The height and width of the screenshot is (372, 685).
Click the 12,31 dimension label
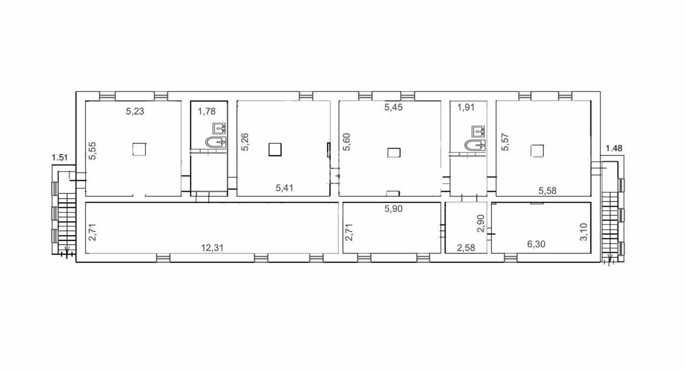coord(212,248)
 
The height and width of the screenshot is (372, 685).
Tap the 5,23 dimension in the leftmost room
coord(135,111)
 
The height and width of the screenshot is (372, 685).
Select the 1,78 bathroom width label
coord(207,111)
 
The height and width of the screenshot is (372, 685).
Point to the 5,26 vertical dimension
coord(245,142)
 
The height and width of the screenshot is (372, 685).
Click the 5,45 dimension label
coord(393,108)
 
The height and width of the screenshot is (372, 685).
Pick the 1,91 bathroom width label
coord(466,108)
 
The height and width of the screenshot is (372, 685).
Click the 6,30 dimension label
coord(536,244)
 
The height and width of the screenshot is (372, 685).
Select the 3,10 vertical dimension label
coord(584,232)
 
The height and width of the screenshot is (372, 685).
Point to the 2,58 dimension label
coord(466,248)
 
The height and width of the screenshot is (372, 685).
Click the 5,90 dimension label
coord(393,209)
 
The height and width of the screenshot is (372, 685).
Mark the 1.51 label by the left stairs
coord(59,157)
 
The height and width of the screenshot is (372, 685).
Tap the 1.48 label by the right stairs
coord(614,148)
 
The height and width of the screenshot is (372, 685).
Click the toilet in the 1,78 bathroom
coord(216,142)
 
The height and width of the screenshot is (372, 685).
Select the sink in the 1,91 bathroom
coord(478,131)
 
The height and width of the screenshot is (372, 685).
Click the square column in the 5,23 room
coord(139,149)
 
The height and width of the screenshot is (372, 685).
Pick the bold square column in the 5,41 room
coord(275,150)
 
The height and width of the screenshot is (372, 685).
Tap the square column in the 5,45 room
coord(394,153)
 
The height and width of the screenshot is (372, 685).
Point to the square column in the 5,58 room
coord(537,151)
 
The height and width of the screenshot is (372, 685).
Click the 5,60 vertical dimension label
coord(347,142)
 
